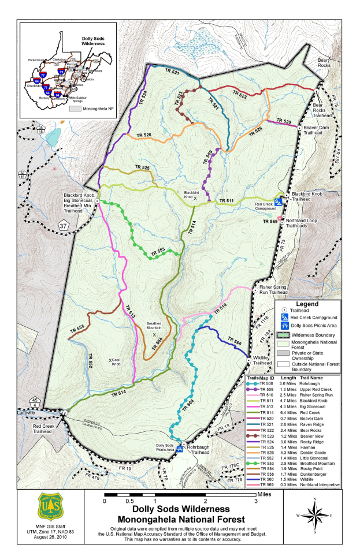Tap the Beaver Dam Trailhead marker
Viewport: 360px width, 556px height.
click(x=299, y=127)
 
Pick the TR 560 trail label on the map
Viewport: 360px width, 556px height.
click(x=235, y=341)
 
